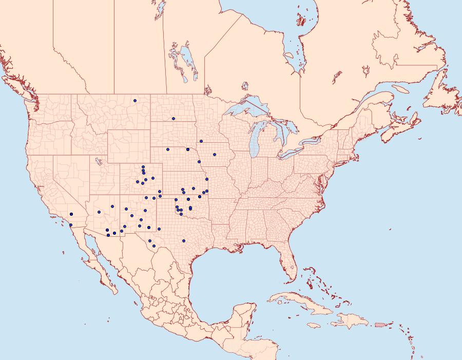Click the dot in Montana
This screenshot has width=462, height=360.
tap(134, 101)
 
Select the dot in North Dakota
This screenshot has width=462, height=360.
tap(174, 119)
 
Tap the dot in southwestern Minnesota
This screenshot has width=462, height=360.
tap(201, 141)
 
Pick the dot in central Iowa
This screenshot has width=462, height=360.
tap(215, 155)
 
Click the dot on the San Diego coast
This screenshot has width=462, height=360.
tap(70, 225)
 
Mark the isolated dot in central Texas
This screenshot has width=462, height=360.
tap(184, 240)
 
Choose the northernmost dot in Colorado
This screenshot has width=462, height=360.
tap(143, 167)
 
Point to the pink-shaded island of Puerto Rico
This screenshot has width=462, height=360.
tap(379, 324)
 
